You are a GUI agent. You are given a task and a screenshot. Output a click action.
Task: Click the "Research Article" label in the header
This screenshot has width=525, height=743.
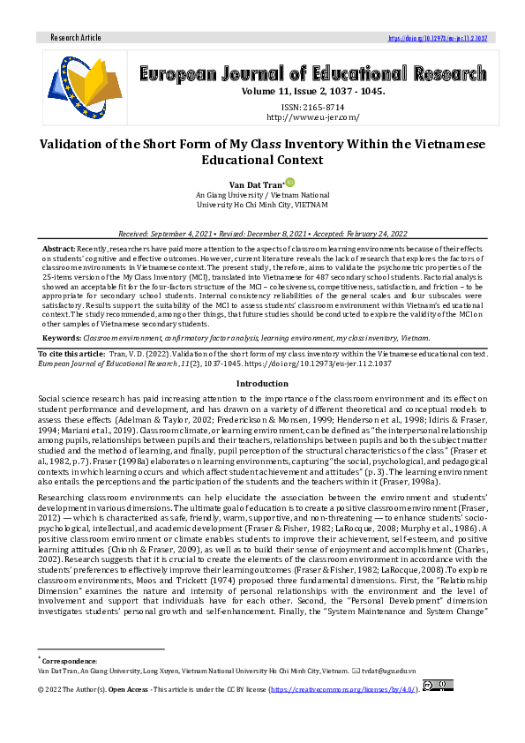(77, 38)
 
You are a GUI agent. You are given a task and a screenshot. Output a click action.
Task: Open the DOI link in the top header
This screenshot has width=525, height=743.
(439, 38)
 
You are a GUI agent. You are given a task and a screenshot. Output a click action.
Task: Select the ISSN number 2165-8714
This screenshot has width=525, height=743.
(312, 106)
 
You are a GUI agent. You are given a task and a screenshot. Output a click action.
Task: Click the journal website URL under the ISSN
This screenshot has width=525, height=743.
(312, 117)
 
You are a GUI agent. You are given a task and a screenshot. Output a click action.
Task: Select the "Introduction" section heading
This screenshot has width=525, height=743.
(262, 384)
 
